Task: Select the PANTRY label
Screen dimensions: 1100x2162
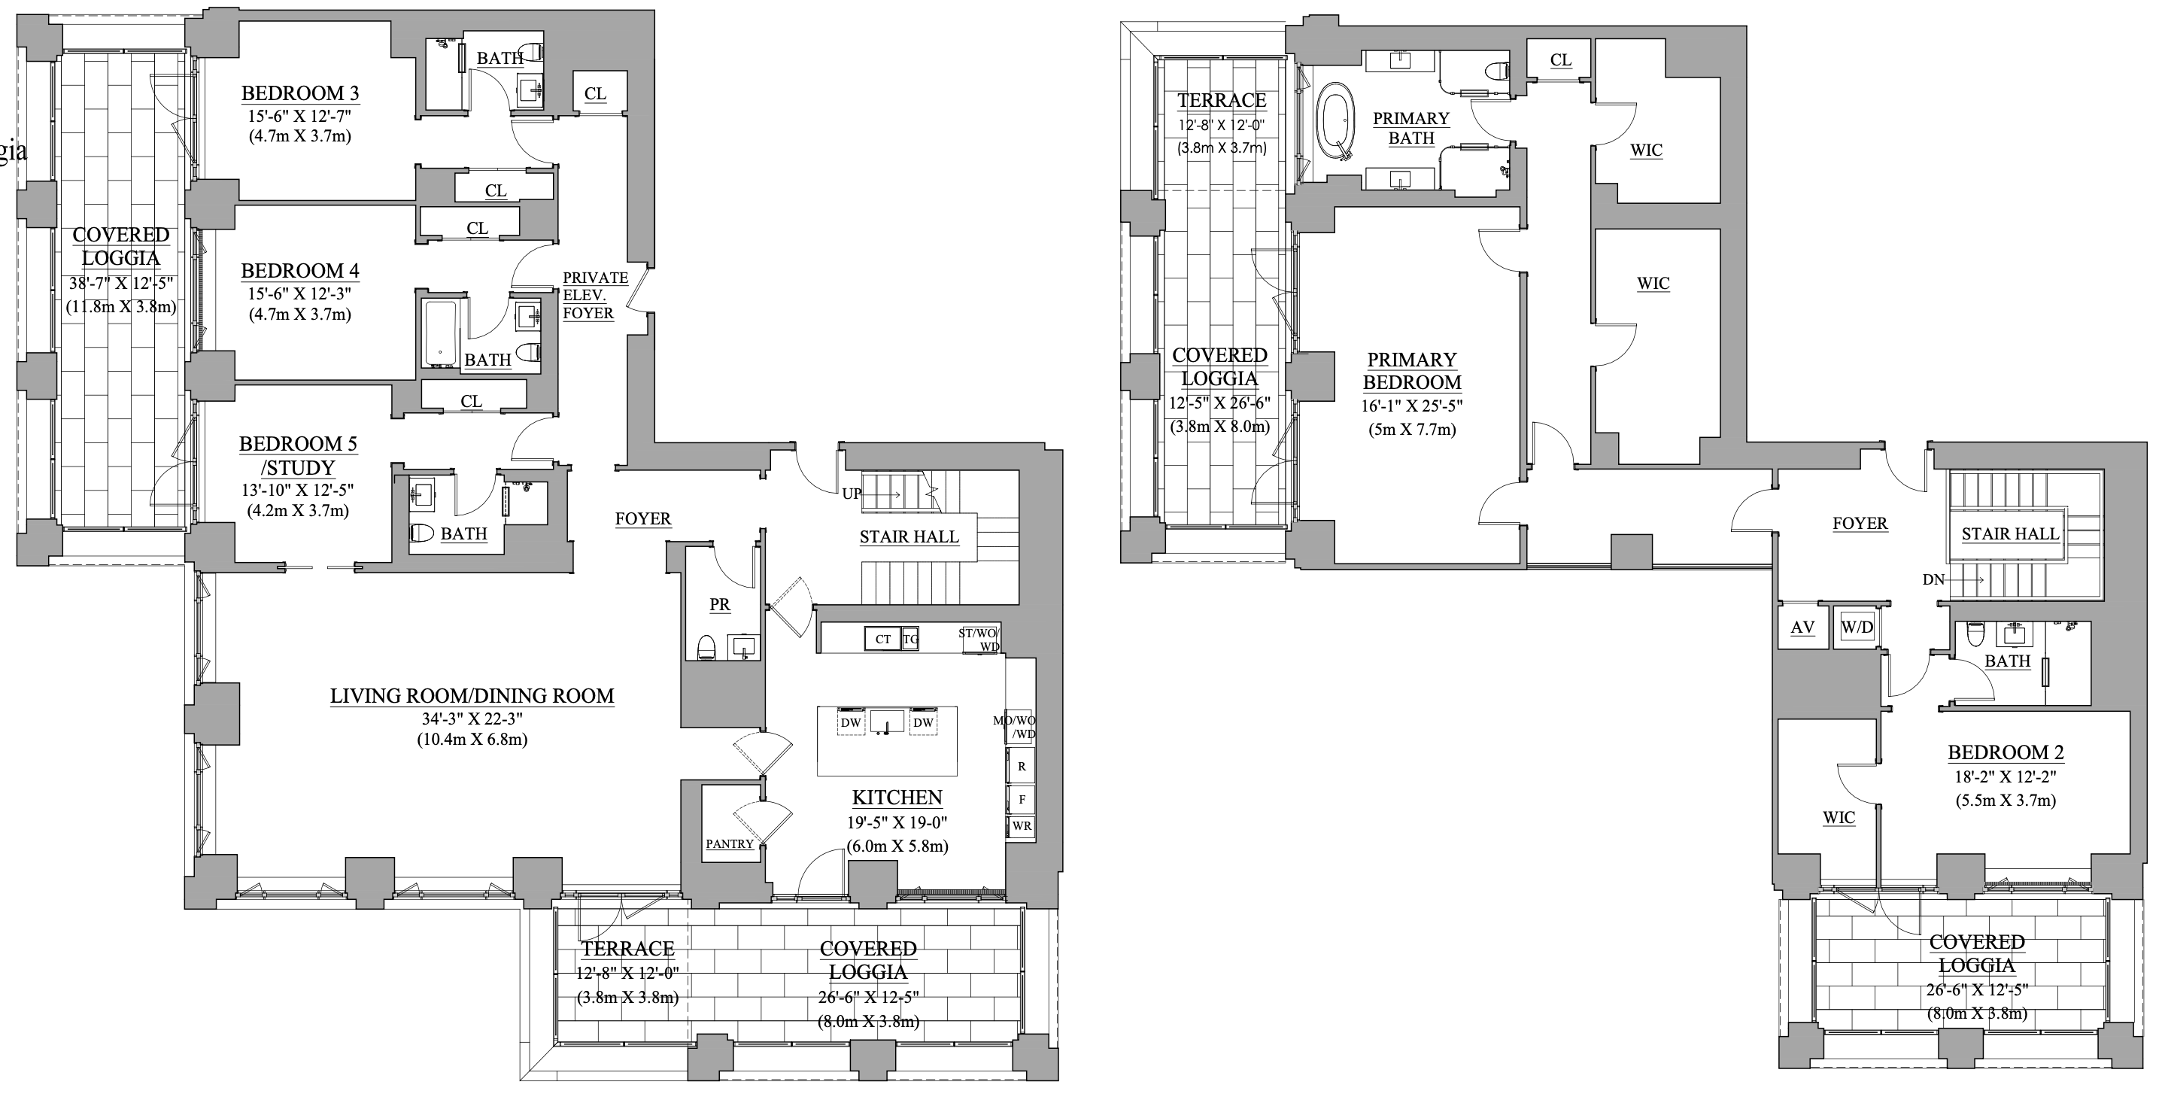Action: pyautogui.click(x=730, y=844)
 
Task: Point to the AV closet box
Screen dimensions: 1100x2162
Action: pyautogui.click(x=1802, y=627)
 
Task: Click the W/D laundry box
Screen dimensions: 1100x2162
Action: pyautogui.click(x=1857, y=627)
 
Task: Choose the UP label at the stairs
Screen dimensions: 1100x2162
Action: pyautogui.click(x=851, y=494)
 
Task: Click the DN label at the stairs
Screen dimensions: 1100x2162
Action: pyautogui.click(x=1933, y=579)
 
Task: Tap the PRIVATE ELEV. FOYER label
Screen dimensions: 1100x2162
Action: pyautogui.click(x=594, y=296)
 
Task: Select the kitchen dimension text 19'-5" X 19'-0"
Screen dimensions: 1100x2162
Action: pyautogui.click(x=897, y=823)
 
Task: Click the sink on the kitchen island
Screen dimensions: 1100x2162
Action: pyautogui.click(x=886, y=722)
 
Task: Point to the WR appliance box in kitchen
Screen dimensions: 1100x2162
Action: pyautogui.click(x=1022, y=825)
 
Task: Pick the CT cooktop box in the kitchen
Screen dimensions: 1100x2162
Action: pyautogui.click(x=883, y=639)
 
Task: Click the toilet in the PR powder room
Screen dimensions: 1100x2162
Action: pyautogui.click(x=706, y=646)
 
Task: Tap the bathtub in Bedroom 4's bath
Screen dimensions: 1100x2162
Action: pyautogui.click(x=440, y=334)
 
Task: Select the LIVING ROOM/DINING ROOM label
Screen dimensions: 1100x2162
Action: pyautogui.click(x=472, y=696)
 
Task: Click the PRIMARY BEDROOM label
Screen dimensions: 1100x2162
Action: pyautogui.click(x=1412, y=371)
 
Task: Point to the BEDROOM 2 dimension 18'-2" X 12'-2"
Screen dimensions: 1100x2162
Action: pyautogui.click(x=2005, y=776)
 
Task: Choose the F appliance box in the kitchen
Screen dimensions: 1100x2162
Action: pyautogui.click(x=1022, y=799)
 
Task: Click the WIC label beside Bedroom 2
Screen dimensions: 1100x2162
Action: pyautogui.click(x=1838, y=817)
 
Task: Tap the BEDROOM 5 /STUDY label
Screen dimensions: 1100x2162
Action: pyautogui.click(x=299, y=455)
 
